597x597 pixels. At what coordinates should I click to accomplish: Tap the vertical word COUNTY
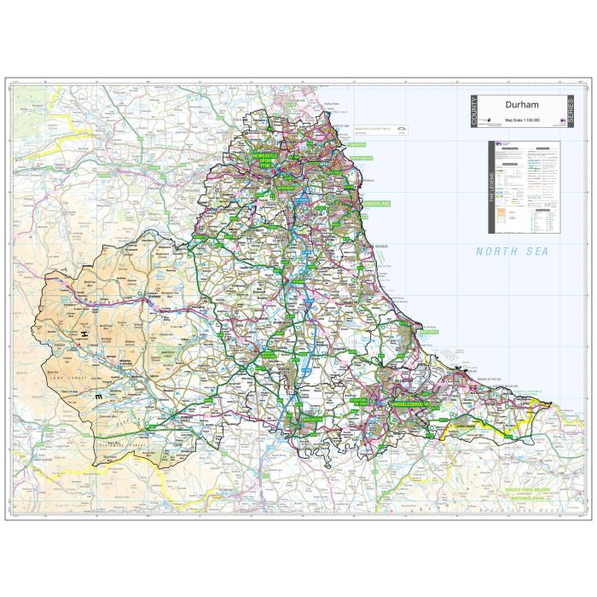click(474, 111)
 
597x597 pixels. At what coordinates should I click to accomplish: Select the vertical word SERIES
click(570, 111)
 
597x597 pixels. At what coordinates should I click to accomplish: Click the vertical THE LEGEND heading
click(492, 187)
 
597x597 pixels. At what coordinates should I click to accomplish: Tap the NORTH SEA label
click(512, 252)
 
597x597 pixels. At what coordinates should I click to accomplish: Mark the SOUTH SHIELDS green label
click(362, 159)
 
